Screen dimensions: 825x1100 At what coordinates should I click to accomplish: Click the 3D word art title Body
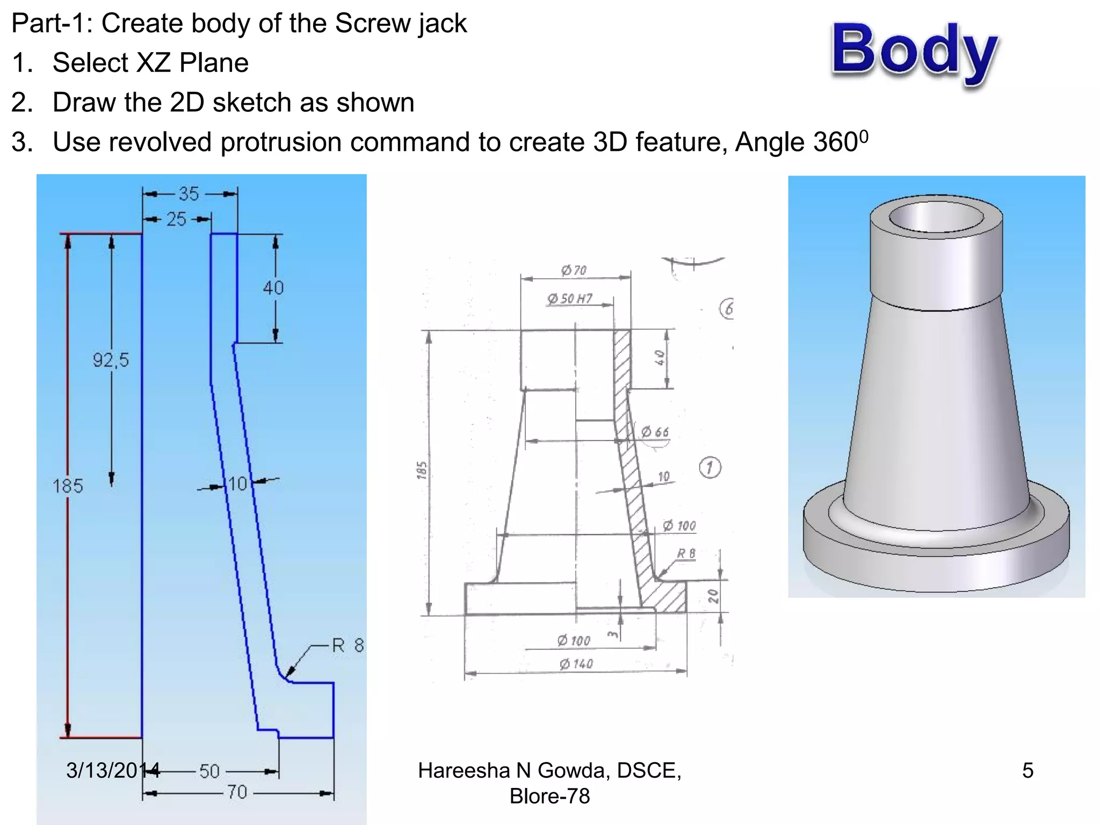(x=915, y=51)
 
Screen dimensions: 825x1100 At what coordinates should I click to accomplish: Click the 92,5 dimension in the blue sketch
(x=111, y=360)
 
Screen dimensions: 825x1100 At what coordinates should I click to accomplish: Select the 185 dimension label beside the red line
(x=68, y=486)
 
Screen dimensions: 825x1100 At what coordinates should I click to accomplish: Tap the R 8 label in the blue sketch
(x=348, y=645)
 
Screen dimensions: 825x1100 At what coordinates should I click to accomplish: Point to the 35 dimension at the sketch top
(x=189, y=194)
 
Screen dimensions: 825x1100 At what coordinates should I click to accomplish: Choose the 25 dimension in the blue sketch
(x=176, y=219)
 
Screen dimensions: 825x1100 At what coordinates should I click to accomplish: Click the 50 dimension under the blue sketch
(x=209, y=771)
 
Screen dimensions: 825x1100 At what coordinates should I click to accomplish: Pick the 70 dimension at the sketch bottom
(x=237, y=792)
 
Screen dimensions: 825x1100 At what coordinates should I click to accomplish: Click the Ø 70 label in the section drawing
(x=574, y=270)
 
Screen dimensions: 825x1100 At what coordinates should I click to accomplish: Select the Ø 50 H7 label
(x=569, y=299)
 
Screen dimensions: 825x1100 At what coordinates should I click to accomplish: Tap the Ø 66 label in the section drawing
(x=655, y=432)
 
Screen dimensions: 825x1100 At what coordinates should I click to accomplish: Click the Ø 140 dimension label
(x=576, y=664)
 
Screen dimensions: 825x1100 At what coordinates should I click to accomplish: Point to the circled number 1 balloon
(x=710, y=467)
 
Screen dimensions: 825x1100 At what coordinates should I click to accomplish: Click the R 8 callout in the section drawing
(x=686, y=553)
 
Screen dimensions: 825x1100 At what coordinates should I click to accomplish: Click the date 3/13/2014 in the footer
(x=113, y=770)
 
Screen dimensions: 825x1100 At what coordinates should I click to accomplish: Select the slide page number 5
(x=1027, y=770)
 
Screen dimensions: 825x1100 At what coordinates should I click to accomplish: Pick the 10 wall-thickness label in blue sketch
(x=237, y=484)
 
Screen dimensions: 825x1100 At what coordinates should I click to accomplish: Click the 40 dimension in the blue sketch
(x=273, y=288)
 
